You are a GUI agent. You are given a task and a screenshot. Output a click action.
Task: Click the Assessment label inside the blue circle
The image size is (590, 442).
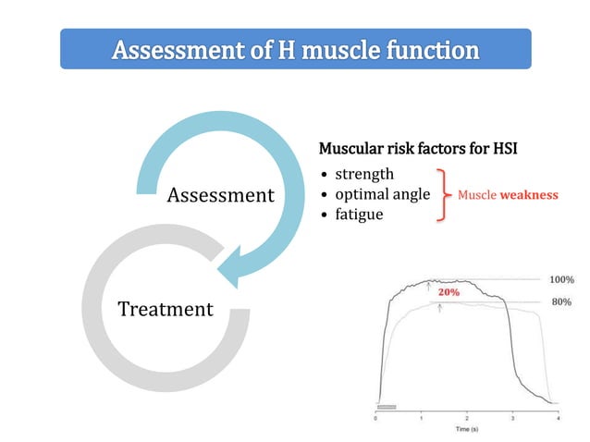[x=220, y=195]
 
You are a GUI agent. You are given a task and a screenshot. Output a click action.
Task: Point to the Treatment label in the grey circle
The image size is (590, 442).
[x=166, y=309]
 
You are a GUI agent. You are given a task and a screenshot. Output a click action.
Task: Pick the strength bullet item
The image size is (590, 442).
[x=363, y=174]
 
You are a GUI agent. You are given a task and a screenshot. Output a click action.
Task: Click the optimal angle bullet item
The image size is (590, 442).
[x=382, y=194]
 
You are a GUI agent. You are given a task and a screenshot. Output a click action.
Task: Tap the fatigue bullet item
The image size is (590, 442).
[x=360, y=215]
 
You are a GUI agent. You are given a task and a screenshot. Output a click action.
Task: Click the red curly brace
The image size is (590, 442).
[x=443, y=195]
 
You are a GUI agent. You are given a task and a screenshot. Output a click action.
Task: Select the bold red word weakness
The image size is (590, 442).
[x=529, y=195]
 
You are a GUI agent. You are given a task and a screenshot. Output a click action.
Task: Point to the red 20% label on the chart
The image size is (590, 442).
[x=449, y=291]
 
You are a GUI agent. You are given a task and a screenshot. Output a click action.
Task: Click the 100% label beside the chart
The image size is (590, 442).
[x=561, y=278]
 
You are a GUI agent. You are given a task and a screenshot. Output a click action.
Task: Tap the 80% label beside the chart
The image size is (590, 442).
[x=560, y=301]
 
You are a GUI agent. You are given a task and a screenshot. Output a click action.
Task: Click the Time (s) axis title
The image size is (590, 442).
[x=466, y=429]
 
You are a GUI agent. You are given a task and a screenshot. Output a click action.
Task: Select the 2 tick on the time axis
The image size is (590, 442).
[x=467, y=417]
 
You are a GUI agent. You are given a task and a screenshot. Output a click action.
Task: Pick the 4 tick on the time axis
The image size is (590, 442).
[x=558, y=417]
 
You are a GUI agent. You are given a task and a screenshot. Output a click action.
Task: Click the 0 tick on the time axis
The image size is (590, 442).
[x=376, y=417]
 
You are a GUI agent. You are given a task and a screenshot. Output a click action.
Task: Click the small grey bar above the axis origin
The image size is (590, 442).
[x=387, y=406]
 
